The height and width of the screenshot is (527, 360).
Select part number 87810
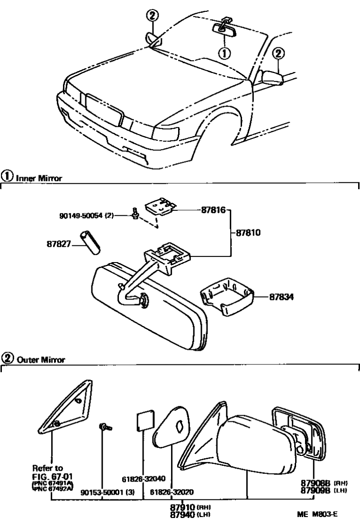pos(248,233)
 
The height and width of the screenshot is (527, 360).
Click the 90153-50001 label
pos(108,492)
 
